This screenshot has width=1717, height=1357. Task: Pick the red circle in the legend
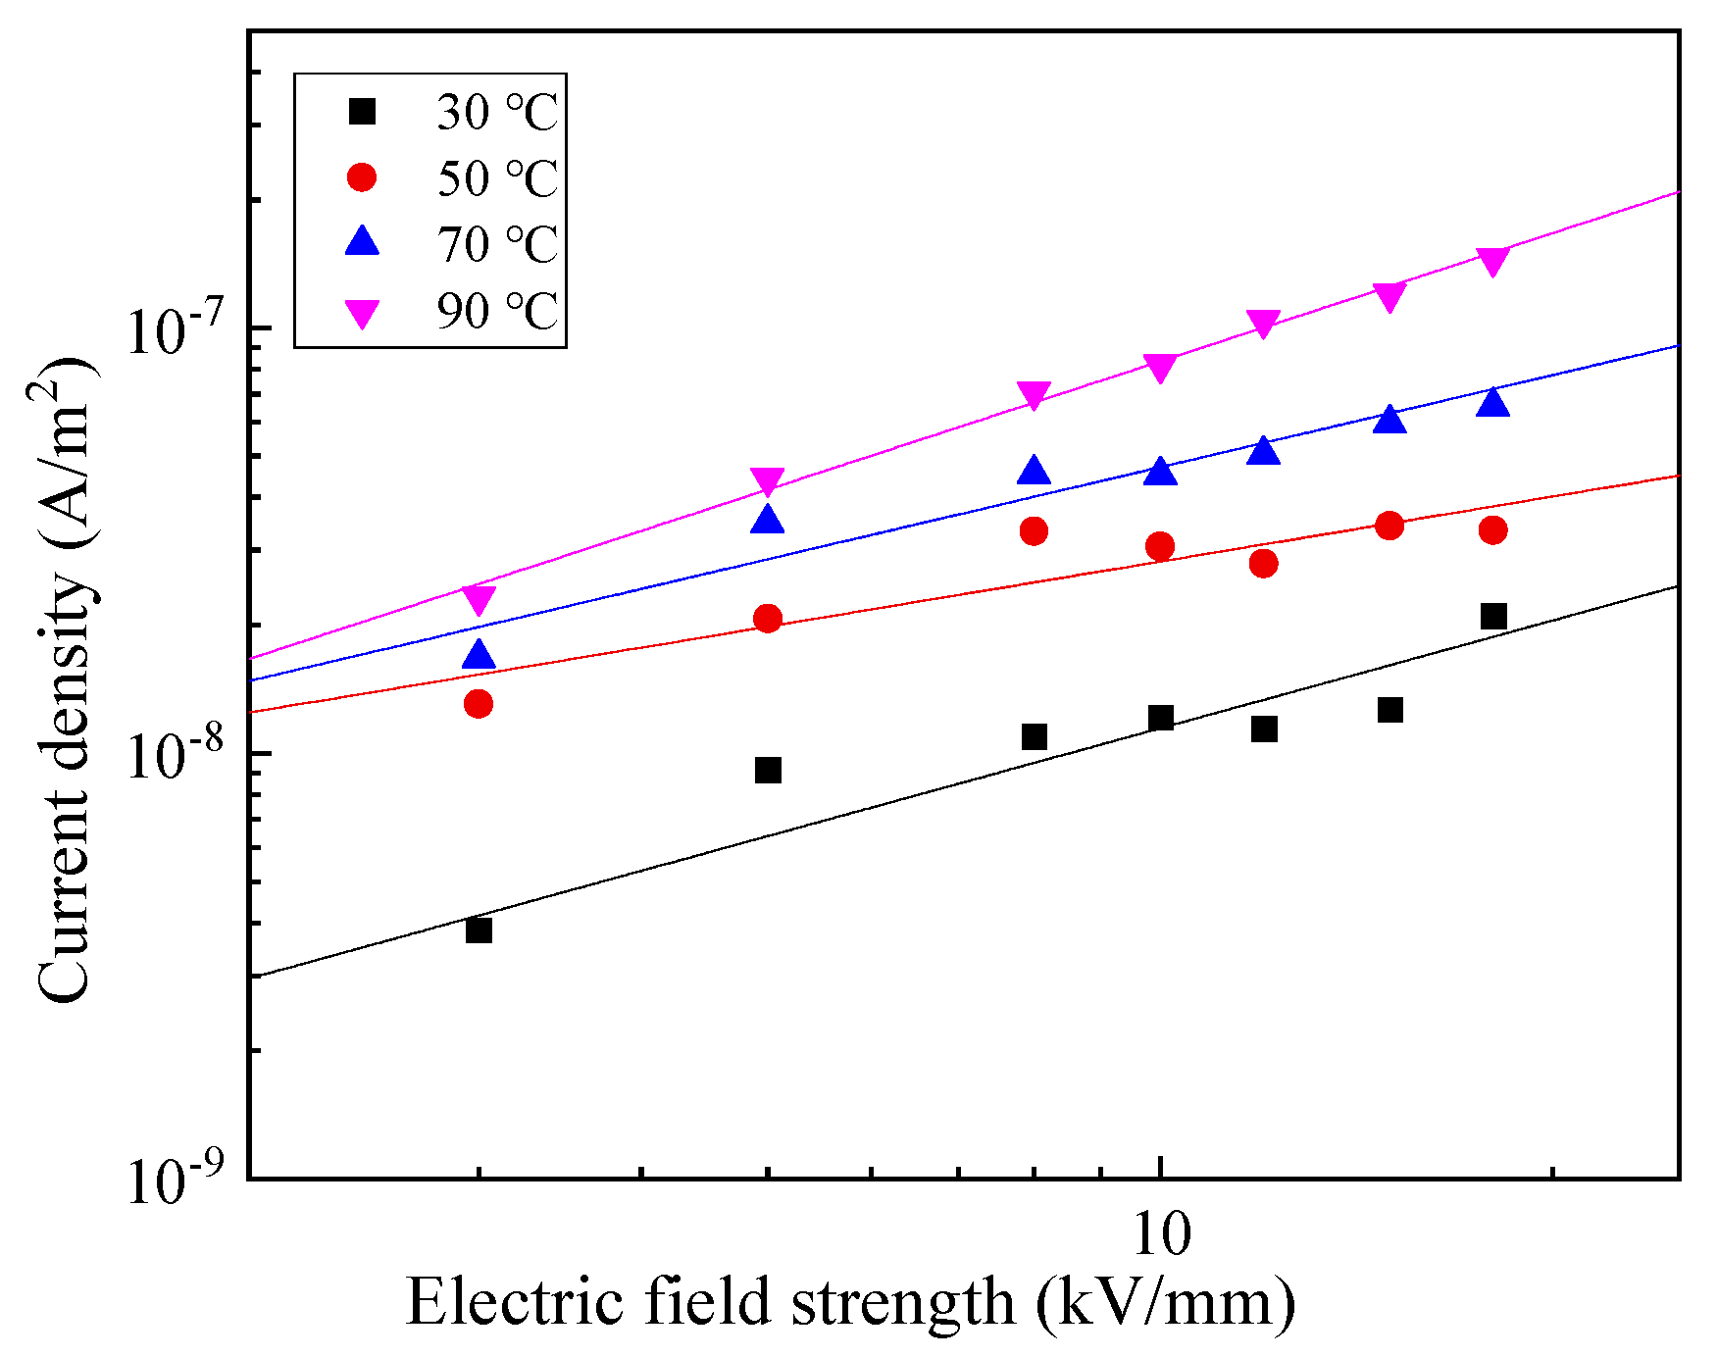pyautogui.click(x=363, y=177)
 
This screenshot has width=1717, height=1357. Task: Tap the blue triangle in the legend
pyautogui.click(x=363, y=242)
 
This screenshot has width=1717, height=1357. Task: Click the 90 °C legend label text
pyautogui.click(x=496, y=311)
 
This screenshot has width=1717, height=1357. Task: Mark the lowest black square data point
pyautogui.click(x=479, y=930)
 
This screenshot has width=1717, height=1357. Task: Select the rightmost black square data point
pyautogui.click(x=1493, y=616)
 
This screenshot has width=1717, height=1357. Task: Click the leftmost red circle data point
pyautogui.click(x=479, y=703)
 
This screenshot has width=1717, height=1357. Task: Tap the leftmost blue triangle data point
pyautogui.click(x=479, y=656)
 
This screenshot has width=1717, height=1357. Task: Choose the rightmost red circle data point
pyautogui.click(x=1493, y=530)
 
